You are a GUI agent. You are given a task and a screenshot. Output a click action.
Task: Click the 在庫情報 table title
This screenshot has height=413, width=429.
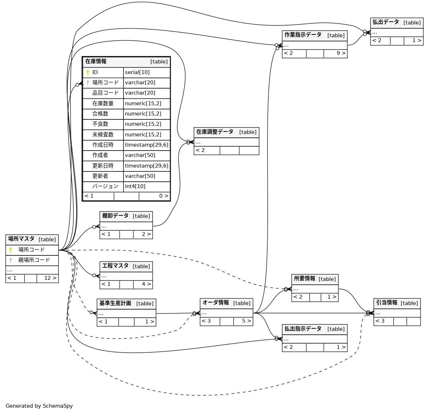(96, 61)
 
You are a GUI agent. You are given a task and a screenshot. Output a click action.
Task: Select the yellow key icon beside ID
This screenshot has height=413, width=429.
(88, 73)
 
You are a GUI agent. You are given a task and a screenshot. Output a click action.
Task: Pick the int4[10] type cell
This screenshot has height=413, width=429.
(135, 187)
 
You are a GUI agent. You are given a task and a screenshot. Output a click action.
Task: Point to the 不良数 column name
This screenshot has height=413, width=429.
(101, 124)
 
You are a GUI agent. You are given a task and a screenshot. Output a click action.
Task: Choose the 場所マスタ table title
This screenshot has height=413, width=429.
(21, 239)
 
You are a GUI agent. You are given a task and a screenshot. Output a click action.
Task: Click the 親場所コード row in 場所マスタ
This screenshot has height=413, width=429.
(34, 260)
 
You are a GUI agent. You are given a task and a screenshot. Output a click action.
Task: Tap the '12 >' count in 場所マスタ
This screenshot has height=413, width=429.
(50, 278)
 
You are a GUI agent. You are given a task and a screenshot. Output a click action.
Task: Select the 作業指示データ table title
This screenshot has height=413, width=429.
(303, 35)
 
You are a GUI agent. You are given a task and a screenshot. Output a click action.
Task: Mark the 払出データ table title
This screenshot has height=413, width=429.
(386, 22)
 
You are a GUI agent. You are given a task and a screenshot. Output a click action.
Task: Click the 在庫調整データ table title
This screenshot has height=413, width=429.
(215, 132)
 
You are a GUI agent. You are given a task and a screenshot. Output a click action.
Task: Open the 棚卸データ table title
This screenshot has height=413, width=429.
(115, 216)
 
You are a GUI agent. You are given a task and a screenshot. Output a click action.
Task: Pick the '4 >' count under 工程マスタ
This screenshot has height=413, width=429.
(146, 284)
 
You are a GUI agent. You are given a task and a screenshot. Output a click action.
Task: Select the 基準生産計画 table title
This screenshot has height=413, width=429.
(115, 304)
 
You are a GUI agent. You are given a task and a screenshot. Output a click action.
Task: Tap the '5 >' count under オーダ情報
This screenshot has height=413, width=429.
(246, 321)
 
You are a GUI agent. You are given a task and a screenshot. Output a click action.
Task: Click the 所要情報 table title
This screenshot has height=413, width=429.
(304, 279)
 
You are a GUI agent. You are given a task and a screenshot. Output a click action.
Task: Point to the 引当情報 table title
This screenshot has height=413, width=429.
(387, 303)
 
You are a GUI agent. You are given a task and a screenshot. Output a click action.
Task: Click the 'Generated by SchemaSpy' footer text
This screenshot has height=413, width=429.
(39, 406)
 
